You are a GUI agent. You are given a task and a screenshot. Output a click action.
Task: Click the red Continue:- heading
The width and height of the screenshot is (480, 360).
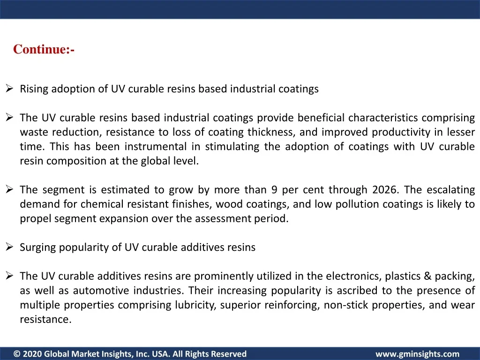(x=44, y=49)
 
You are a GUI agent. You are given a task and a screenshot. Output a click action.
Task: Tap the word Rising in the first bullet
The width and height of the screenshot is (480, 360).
(x=34, y=89)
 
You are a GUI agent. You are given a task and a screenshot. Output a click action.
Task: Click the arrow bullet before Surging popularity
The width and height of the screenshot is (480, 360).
(x=9, y=247)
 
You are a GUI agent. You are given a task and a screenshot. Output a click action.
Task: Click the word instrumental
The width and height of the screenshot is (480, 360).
(x=156, y=147)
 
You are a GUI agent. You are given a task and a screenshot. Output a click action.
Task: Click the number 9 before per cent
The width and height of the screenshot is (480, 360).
(x=274, y=190)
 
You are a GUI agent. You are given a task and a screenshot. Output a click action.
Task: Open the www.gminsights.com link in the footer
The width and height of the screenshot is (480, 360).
(x=418, y=354)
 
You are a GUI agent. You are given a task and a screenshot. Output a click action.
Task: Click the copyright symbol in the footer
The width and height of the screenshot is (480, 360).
(x=17, y=354)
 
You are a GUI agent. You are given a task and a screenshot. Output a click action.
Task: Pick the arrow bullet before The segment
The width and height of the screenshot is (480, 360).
(x=9, y=189)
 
